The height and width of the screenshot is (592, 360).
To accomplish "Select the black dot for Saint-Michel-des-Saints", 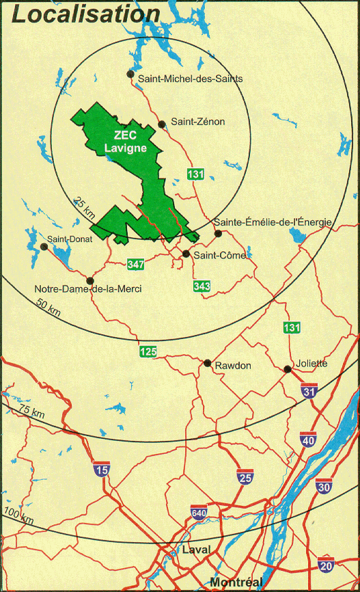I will [x=130, y=74].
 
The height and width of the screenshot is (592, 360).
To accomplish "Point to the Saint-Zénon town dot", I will [x=162, y=124].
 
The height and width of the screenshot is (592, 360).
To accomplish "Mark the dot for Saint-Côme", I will [x=186, y=254].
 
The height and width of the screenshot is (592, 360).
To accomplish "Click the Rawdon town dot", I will [x=207, y=363].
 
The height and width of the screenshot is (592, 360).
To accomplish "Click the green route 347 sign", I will [x=135, y=263].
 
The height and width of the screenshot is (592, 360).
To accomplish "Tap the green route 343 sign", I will [x=202, y=286].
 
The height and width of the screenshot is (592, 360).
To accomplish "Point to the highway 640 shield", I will [x=199, y=513].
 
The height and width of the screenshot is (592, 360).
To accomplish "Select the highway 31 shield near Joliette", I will [x=309, y=391].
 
